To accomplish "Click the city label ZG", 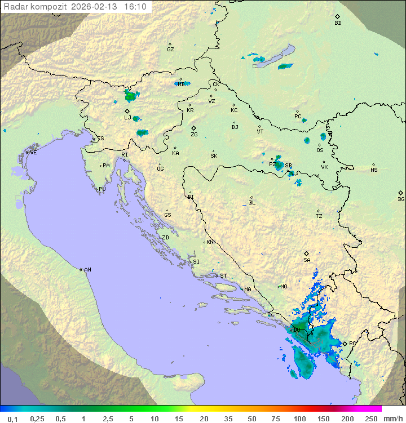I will tap(194, 135).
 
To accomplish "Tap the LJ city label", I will tap(127, 118).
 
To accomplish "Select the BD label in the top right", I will tap(338, 23).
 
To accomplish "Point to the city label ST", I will tap(223, 276).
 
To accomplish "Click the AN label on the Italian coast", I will tap(87, 270).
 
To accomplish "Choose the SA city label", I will tap(307, 260).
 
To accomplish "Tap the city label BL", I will tap(252, 203).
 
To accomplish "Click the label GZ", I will tap(170, 50).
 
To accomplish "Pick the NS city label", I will tap(374, 170).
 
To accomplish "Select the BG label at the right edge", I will tap(401, 199).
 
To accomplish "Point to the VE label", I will tap(33, 153).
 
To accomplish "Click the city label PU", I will tap(102, 189).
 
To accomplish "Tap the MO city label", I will tap(284, 287).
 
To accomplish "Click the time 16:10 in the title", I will tap(135, 7).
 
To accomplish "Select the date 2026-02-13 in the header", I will tap(96, 7).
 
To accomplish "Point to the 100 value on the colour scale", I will tap(299, 418).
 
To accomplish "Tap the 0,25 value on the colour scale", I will tap(37, 418).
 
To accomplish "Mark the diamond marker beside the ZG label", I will tap(193, 128).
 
